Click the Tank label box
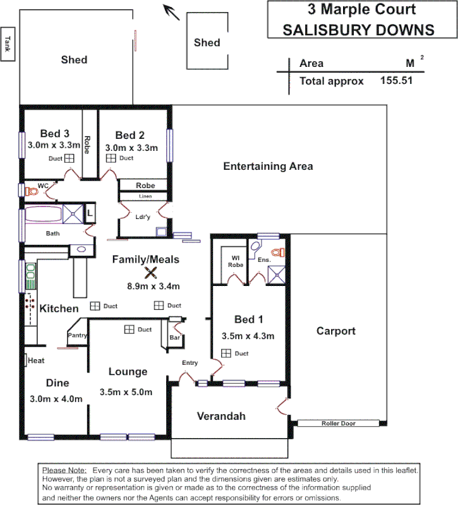(x=8, y=44)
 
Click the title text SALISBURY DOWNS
(x=358, y=29)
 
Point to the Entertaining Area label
(x=268, y=167)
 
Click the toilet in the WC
(x=30, y=190)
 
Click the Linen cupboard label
(x=145, y=196)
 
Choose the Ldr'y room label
(x=143, y=218)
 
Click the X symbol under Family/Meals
(x=150, y=273)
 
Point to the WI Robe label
(x=235, y=261)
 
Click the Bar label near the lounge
(x=175, y=338)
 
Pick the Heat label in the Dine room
(x=35, y=360)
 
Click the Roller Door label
(x=339, y=424)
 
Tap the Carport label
(x=335, y=331)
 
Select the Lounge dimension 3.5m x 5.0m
(x=126, y=392)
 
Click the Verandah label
(x=220, y=417)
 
